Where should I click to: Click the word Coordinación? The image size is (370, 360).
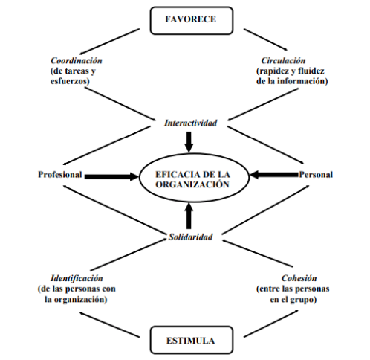tap(77, 60)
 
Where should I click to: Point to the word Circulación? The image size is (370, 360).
tap(283, 60)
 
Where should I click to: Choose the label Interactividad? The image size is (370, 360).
tap(191, 123)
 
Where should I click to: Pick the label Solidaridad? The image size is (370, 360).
tap(191, 237)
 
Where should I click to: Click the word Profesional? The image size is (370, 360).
tap(60, 175)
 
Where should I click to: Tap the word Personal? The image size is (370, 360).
tap(316, 175)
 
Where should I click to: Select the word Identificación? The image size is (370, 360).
tap(77, 278)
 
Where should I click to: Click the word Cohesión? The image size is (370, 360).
tap(299, 278)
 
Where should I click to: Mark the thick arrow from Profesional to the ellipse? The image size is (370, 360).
tap(111, 176)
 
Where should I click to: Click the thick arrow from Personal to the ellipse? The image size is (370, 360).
tap(274, 175)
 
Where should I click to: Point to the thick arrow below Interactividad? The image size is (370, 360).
tap(189, 142)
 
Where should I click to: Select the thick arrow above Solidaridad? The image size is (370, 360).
tap(189, 216)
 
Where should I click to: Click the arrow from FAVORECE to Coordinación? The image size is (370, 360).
tap(109, 42)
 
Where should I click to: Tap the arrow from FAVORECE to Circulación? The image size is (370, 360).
tap(265, 39)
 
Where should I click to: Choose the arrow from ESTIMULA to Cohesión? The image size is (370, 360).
tap(271, 324)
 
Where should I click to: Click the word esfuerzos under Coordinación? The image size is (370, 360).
tap(70, 81)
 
